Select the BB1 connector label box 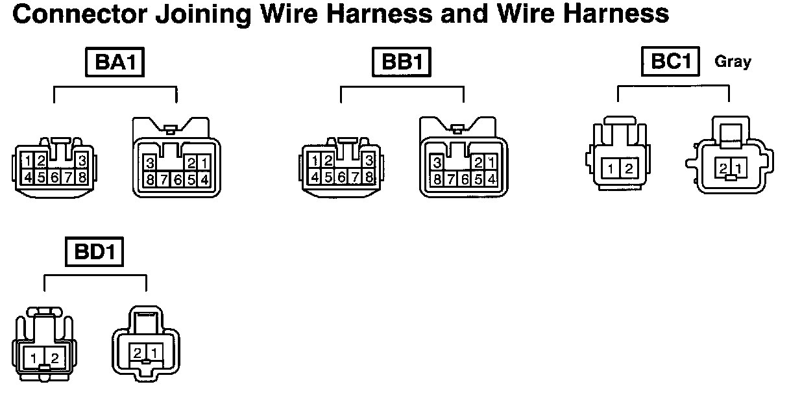402,63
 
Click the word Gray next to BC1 733,62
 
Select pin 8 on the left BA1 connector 82,176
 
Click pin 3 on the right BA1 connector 150,163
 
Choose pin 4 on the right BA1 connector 204,179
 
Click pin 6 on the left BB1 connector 342,176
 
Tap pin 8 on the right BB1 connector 437,179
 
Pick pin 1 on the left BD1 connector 32,357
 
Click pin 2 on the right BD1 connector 138,353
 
